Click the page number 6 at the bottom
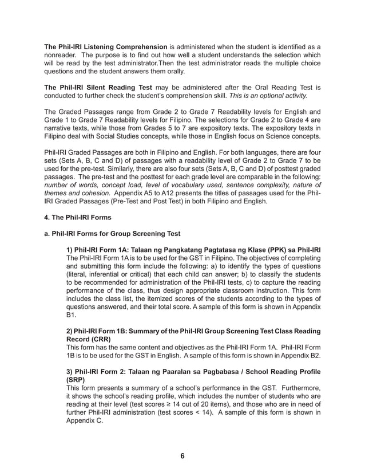click(x=182, y=455)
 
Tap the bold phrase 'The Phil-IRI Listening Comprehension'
click(x=106, y=46)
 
